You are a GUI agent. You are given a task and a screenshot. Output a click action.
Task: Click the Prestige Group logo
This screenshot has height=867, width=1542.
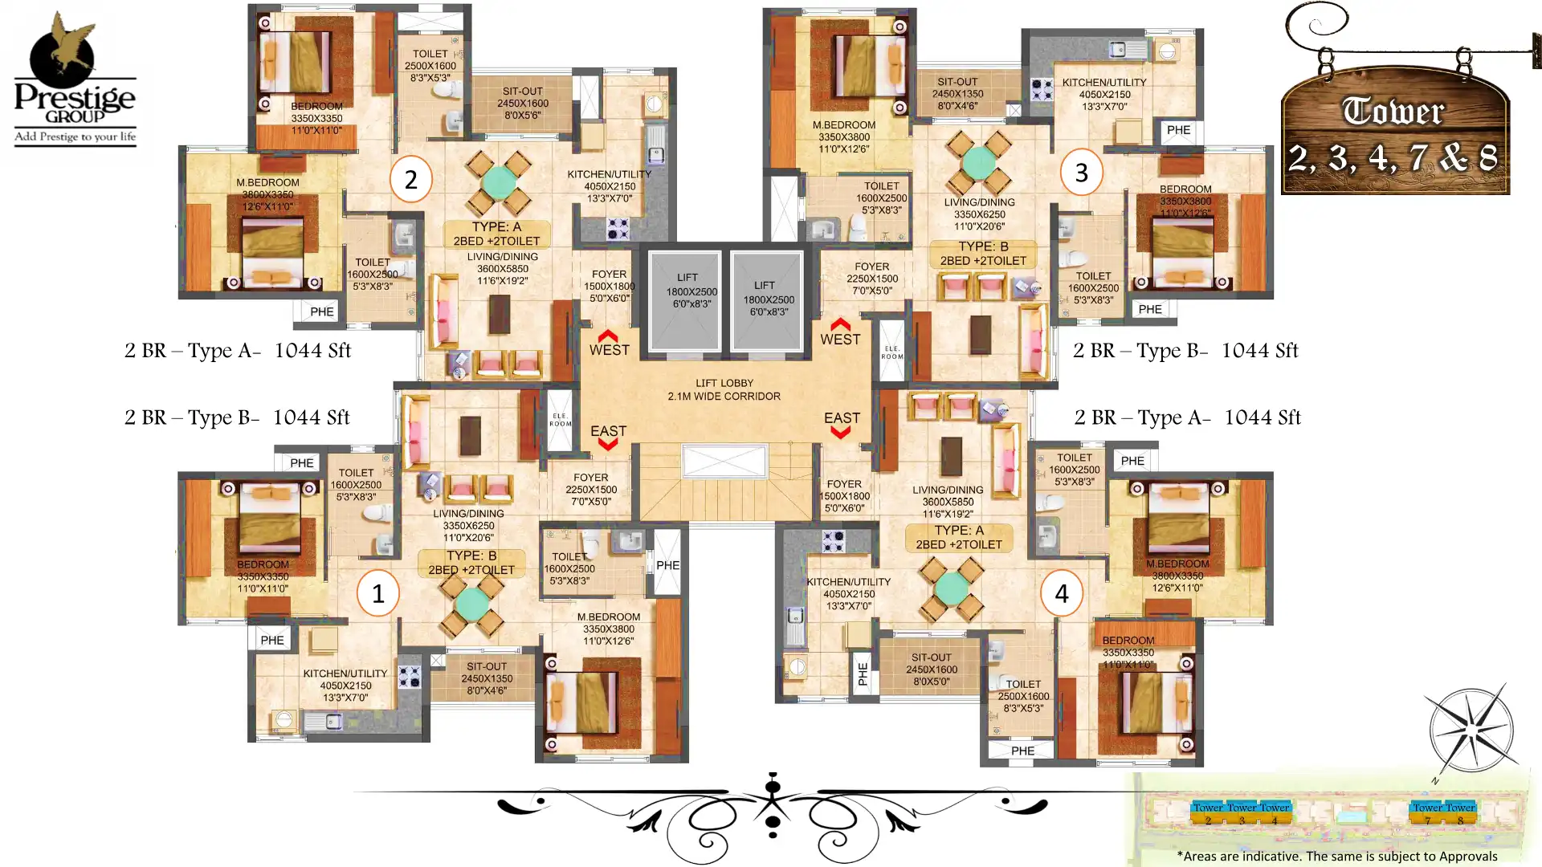tap(75, 80)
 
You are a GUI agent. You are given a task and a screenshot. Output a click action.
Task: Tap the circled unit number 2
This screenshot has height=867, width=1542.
tap(410, 179)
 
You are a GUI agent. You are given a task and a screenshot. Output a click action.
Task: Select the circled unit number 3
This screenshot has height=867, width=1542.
tap(1081, 172)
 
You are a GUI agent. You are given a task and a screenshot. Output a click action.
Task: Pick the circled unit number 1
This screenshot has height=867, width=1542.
tap(377, 593)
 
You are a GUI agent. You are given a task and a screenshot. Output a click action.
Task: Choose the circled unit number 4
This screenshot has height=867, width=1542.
tap(1061, 593)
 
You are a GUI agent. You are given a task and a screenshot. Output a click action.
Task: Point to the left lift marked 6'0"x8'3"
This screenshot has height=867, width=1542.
tap(685, 299)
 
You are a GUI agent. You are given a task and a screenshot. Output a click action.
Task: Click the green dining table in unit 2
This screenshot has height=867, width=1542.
tap(499, 182)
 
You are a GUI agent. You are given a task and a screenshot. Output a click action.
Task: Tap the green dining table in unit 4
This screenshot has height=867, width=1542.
tap(952, 588)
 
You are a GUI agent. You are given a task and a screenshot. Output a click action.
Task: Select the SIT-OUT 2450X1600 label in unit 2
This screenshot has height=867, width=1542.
tap(522, 103)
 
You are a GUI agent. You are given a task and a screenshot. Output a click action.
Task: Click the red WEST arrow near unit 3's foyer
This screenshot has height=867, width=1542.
tap(840, 325)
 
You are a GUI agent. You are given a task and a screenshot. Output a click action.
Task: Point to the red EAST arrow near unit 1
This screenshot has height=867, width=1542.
tap(608, 443)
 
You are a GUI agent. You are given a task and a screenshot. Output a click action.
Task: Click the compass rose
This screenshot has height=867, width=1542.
tap(1471, 730)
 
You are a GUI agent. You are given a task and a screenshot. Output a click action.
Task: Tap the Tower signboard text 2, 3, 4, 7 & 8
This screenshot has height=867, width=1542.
tap(1393, 157)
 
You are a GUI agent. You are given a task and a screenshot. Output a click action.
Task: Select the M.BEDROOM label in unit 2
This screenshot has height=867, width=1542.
tap(267, 183)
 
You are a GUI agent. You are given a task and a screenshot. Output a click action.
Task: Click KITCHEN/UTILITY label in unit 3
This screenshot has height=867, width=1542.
tap(1103, 83)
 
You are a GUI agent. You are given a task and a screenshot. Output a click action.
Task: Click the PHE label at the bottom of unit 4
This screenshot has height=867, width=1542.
tap(1022, 751)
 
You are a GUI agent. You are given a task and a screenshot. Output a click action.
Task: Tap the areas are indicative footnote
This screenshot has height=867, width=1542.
tap(1336, 856)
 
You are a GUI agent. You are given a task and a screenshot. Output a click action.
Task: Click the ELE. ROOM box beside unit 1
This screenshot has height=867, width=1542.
tap(560, 420)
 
